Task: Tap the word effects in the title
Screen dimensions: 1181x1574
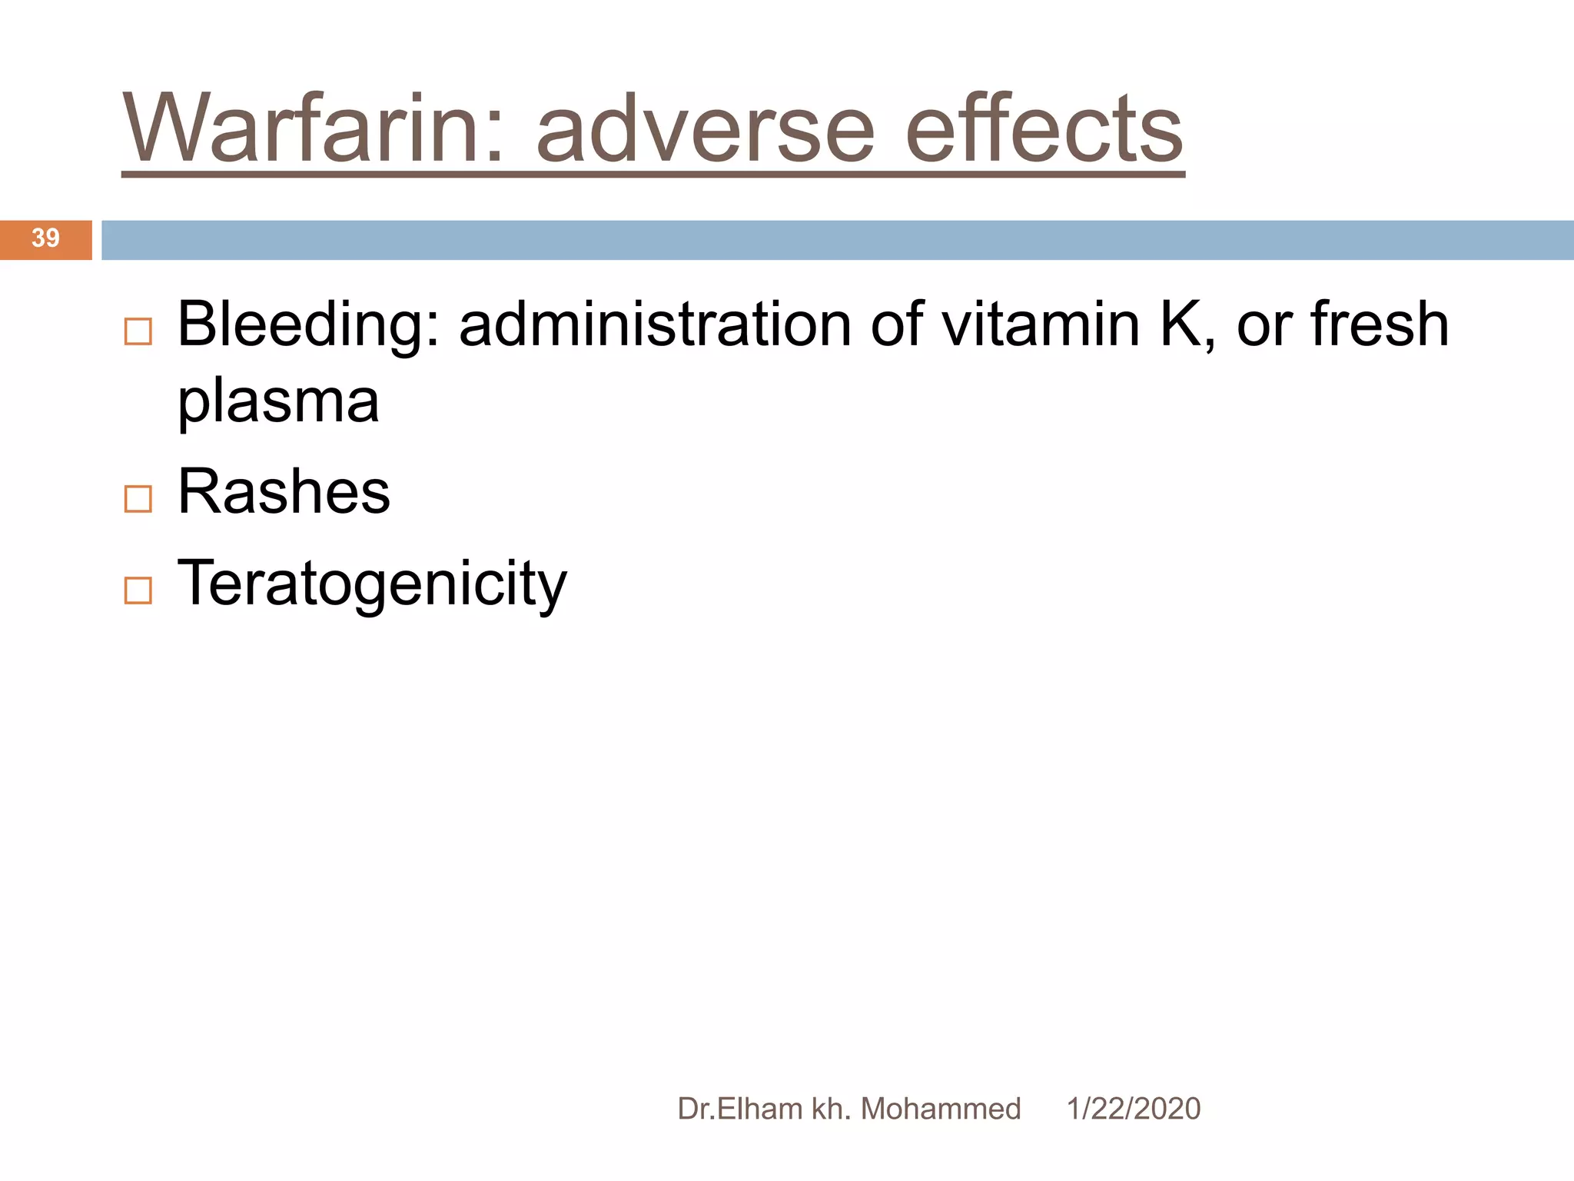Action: pos(1044,128)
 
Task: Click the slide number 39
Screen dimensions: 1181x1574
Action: pos(45,238)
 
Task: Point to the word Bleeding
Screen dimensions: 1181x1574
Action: pos(308,327)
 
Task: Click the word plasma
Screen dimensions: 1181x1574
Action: pos(278,402)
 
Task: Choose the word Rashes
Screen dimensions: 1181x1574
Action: pos(284,492)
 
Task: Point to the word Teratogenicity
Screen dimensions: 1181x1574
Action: pos(372,585)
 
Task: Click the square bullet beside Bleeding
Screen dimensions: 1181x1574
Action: pos(138,332)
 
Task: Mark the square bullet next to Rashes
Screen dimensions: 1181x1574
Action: pos(138,500)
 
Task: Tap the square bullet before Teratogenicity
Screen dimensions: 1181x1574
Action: pos(138,590)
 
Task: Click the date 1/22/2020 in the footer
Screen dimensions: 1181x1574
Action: pos(1133,1109)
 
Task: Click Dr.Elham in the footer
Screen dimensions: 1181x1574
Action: pos(739,1109)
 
